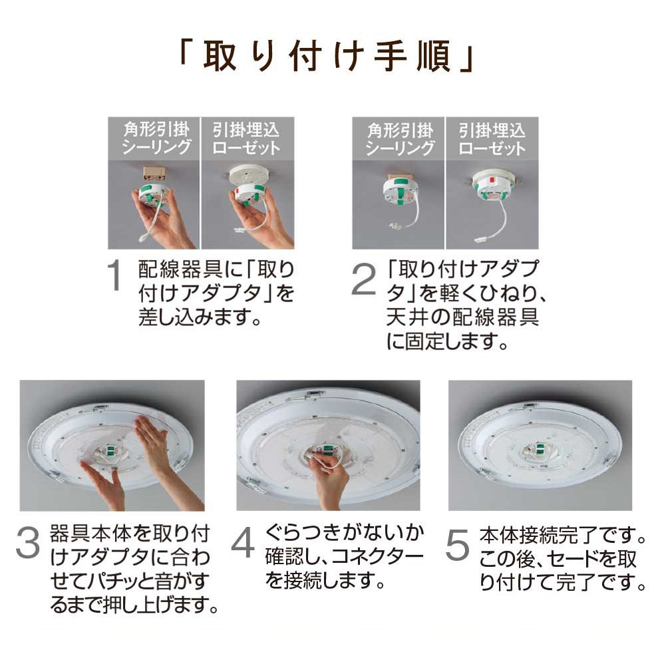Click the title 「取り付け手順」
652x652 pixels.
[x=327, y=57]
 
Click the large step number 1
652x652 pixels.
[x=114, y=275]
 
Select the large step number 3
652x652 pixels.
[x=28, y=542]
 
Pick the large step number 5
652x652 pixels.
[x=457, y=544]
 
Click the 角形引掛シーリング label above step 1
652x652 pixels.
[x=156, y=138]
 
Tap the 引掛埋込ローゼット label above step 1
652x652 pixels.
[x=245, y=138]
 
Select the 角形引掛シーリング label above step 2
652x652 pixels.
[x=400, y=139]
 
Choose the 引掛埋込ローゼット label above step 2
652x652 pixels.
[x=492, y=139]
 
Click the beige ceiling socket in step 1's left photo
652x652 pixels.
[x=154, y=174]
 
